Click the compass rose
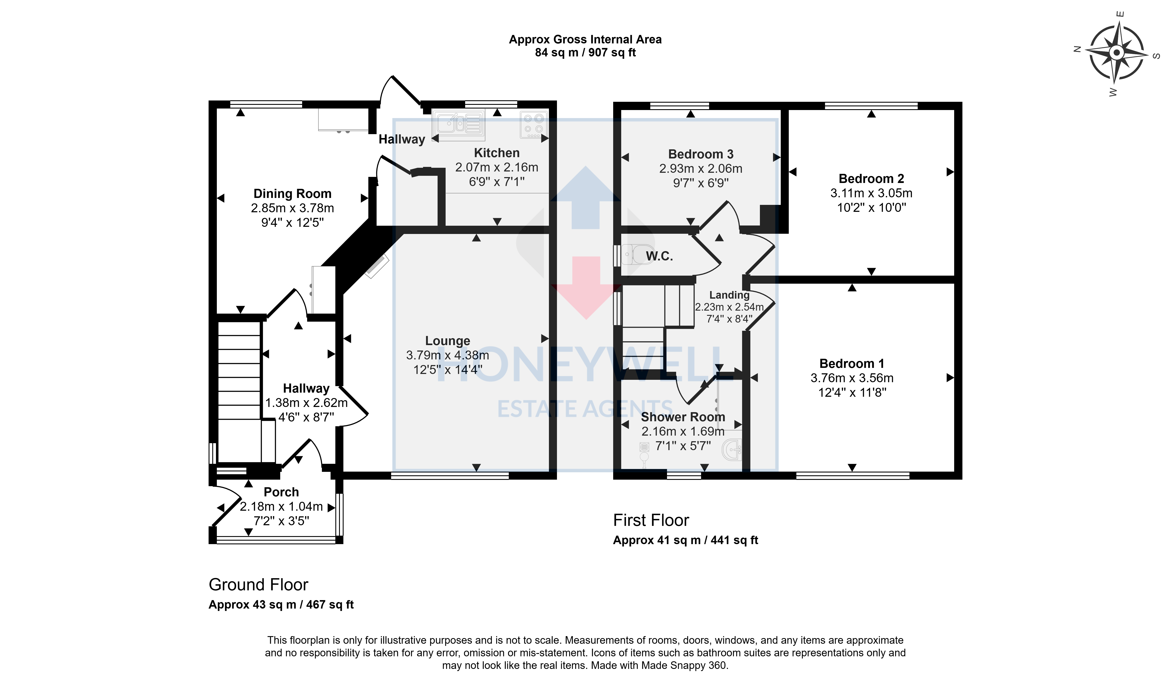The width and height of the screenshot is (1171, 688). (1116, 53)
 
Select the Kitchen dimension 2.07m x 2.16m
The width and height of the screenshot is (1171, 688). (497, 167)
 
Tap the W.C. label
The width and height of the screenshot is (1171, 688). (659, 256)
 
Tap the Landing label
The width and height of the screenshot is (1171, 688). (729, 295)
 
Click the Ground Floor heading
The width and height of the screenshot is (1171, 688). (258, 584)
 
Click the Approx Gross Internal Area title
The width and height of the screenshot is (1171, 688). (585, 40)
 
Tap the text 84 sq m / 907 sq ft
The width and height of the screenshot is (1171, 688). (585, 53)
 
